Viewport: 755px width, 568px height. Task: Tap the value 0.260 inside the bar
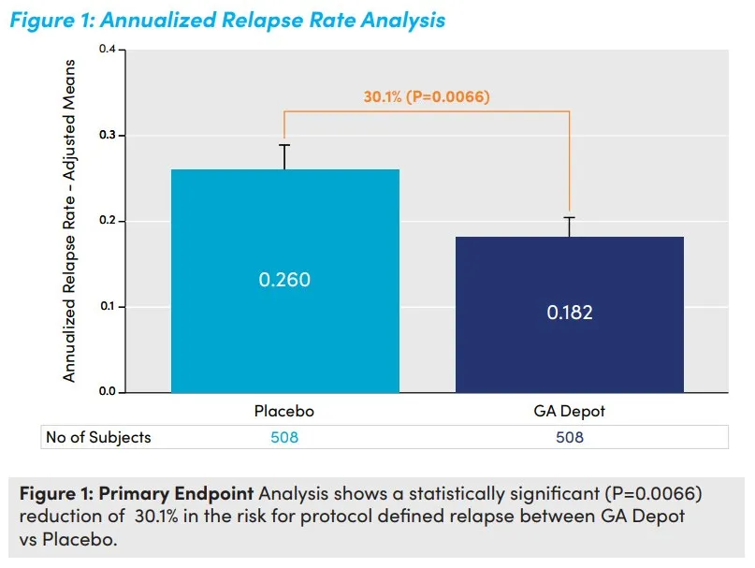283,280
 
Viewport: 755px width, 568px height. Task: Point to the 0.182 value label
569,313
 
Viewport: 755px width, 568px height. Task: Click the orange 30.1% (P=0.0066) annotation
427,96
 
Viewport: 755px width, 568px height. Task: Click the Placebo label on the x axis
283,412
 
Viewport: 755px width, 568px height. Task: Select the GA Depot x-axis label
569,412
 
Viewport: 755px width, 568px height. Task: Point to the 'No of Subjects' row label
98,437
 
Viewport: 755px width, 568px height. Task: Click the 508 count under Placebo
283,437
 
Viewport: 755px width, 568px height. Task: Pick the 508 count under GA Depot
569,437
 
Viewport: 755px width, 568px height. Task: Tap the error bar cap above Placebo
283,145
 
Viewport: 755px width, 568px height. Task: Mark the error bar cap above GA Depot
569,217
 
